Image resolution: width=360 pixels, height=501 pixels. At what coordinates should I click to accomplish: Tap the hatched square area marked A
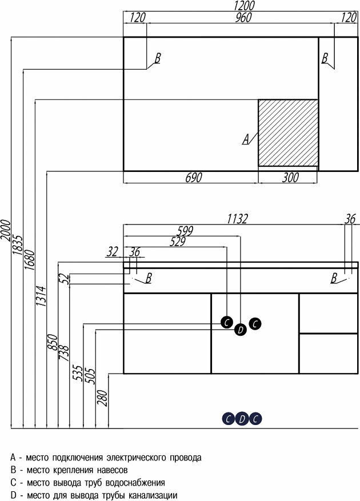288,133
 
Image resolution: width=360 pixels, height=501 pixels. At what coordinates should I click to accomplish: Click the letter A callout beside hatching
246,139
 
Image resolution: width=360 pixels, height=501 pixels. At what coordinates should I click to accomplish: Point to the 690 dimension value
193,178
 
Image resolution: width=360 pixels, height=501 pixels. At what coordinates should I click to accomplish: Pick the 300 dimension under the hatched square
290,178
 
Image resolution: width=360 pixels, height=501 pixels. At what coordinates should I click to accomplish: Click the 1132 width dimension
237,218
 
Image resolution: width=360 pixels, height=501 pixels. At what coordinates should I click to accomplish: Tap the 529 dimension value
178,241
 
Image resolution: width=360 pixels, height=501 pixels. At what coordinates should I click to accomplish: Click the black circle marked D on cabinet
241,329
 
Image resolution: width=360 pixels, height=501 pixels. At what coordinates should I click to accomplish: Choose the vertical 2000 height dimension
6,234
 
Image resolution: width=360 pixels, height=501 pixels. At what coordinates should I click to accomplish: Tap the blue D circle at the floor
242,419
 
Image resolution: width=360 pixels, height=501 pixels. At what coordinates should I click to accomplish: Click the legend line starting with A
106,458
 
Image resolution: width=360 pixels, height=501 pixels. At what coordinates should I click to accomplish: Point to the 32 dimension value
112,251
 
